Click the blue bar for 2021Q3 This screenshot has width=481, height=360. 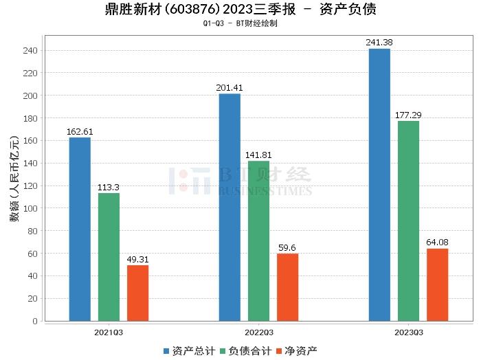pos(80,229)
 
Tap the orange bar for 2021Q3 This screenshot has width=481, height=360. pos(137,293)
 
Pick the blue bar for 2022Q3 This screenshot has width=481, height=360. pos(230,207)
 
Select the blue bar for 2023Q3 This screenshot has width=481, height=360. pos(379,184)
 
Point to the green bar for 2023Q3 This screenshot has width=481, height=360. pos(408,221)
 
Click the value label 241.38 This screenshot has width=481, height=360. pos(379,43)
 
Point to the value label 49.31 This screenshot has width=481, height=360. pos(137,259)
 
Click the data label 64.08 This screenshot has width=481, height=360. pos(437,243)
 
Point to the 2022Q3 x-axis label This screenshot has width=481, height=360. pos(258,332)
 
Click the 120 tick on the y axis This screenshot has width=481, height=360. pos(32,185)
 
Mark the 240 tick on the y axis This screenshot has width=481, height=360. pos(32,50)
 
